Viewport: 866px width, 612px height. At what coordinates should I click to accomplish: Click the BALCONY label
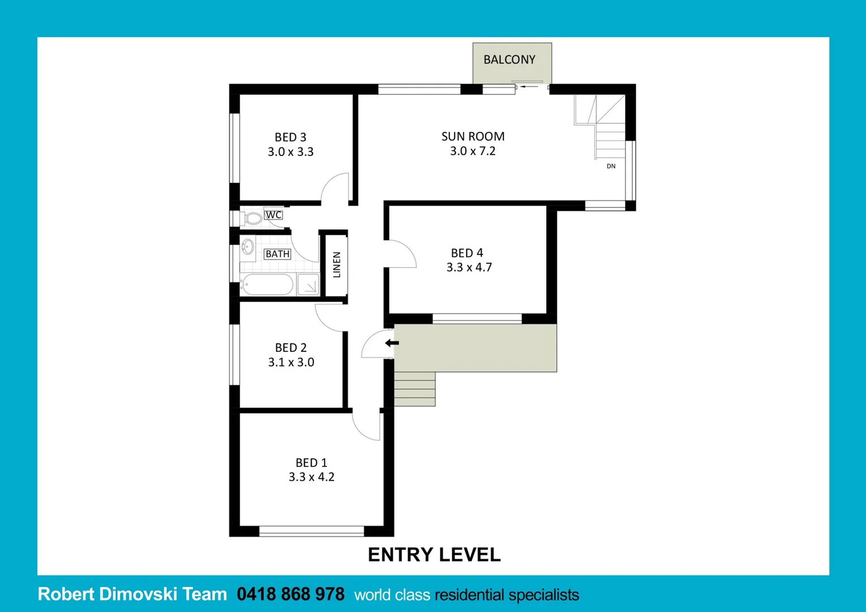click(x=509, y=59)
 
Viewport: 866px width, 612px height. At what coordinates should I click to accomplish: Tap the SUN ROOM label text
click(x=473, y=137)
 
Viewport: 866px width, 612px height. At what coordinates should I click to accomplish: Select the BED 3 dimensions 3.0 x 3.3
click(x=290, y=152)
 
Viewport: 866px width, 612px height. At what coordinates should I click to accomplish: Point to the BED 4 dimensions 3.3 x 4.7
click(x=469, y=267)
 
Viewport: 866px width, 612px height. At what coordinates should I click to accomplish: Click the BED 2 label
click(x=291, y=347)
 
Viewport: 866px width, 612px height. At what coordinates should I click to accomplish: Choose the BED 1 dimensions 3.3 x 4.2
click(x=311, y=477)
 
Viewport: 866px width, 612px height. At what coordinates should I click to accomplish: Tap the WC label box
click(x=273, y=215)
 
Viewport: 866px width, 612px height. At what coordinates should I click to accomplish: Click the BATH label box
click(x=277, y=254)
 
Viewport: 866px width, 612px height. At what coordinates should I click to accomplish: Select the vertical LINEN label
click(x=337, y=265)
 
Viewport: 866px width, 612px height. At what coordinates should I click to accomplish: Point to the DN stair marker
click(x=611, y=166)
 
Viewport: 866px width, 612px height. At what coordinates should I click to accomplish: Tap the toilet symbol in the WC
click(x=252, y=218)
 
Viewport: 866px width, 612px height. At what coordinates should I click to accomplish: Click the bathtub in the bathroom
click(x=267, y=284)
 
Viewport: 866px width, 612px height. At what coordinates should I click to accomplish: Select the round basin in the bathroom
click(x=248, y=246)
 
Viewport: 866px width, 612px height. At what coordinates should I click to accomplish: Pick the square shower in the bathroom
click(x=308, y=284)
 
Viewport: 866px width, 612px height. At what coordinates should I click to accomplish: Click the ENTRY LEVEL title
click(x=434, y=554)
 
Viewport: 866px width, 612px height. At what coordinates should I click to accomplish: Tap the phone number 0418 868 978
click(x=290, y=594)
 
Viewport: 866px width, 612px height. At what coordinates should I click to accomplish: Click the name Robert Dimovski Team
click(x=132, y=594)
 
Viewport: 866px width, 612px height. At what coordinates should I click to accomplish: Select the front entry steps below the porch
click(x=414, y=389)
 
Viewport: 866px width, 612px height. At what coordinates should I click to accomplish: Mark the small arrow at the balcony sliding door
click(x=529, y=87)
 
